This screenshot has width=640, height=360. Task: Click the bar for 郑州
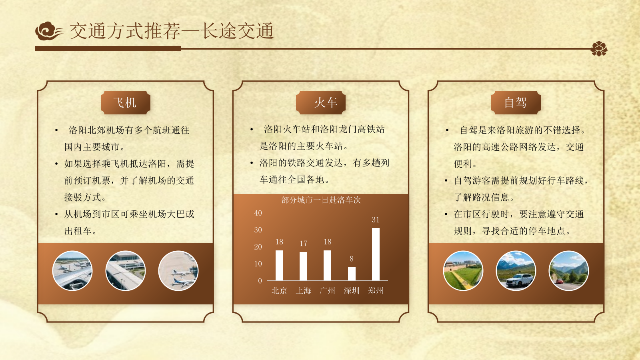click(376, 254)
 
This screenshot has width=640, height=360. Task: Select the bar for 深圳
click(352, 274)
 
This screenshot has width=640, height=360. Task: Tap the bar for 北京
click(279, 266)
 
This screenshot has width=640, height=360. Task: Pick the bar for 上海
click(303, 266)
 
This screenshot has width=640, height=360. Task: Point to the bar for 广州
click(327, 266)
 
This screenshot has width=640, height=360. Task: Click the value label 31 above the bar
click(376, 220)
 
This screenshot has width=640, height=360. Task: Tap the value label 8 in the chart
click(352, 259)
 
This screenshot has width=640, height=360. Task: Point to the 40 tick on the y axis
click(258, 213)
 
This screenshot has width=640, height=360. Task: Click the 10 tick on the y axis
click(258, 264)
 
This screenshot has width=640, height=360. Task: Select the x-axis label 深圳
click(352, 291)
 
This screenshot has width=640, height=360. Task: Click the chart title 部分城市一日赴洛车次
click(321, 200)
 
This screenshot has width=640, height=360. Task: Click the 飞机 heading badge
click(125, 103)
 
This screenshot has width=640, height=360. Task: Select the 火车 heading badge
click(321, 103)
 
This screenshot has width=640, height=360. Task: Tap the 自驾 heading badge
click(516, 103)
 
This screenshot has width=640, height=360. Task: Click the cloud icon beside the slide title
click(49, 31)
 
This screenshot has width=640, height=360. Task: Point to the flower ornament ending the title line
click(599, 49)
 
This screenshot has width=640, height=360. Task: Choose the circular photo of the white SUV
click(516, 271)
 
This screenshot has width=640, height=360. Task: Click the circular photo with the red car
click(568, 271)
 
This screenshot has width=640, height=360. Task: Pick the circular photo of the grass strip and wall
click(463, 271)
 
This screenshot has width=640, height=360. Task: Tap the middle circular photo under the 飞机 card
click(126, 271)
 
